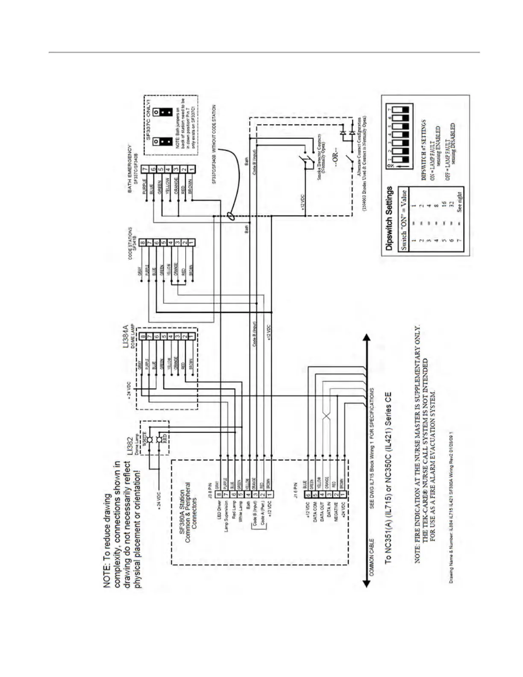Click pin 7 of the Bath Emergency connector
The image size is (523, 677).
click(x=145, y=169)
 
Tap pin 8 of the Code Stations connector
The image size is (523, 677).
click(x=142, y=243)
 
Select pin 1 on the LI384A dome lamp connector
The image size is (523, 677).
click(x=192, y=337)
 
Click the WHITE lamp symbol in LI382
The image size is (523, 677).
click(x=150, y=440)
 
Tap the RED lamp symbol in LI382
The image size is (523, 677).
click(x=159, y=440)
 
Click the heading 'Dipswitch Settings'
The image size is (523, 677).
click(x=389, y=218)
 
